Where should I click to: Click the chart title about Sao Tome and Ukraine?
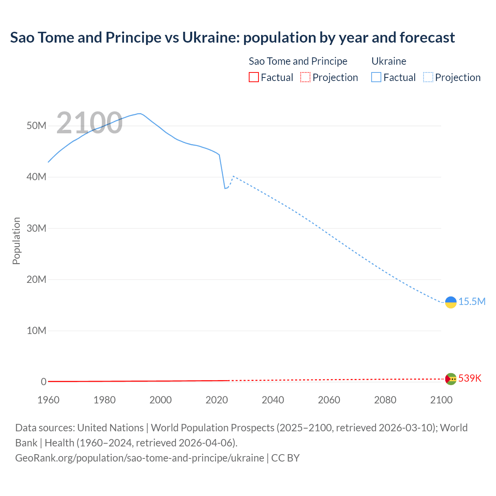click(x=232, y=38)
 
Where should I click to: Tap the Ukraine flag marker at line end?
click(x=451, y=302)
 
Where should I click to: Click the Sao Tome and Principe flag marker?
click(x=451, y=379)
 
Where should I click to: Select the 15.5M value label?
click(x=472, y=302)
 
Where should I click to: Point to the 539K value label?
click(x=470, y=379)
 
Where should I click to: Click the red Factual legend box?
click(x=254, y=77)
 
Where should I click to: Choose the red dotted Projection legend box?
click(x=305, y=77)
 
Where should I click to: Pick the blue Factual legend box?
click(x=376, y=77)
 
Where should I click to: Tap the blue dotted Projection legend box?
click(x=428, y=77)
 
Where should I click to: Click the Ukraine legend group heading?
click(x=389, y=61)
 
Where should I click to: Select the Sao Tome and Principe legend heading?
click(x=298, y=61)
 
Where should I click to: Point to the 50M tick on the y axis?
click(x=36, y=126)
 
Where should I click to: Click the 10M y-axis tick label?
click(x=36, y=331)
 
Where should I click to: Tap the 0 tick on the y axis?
click(x=43, y=382)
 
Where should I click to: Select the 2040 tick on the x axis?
click(x=273, y=400)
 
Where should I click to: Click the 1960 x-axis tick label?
click(x=48, y=400)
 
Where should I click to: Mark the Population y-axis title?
click(x=16, y=241)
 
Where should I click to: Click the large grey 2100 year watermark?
click(x=90, y=123)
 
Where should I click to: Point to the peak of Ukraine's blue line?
click(x=139, y=114)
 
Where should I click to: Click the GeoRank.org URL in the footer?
click(x=139, y=458)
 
